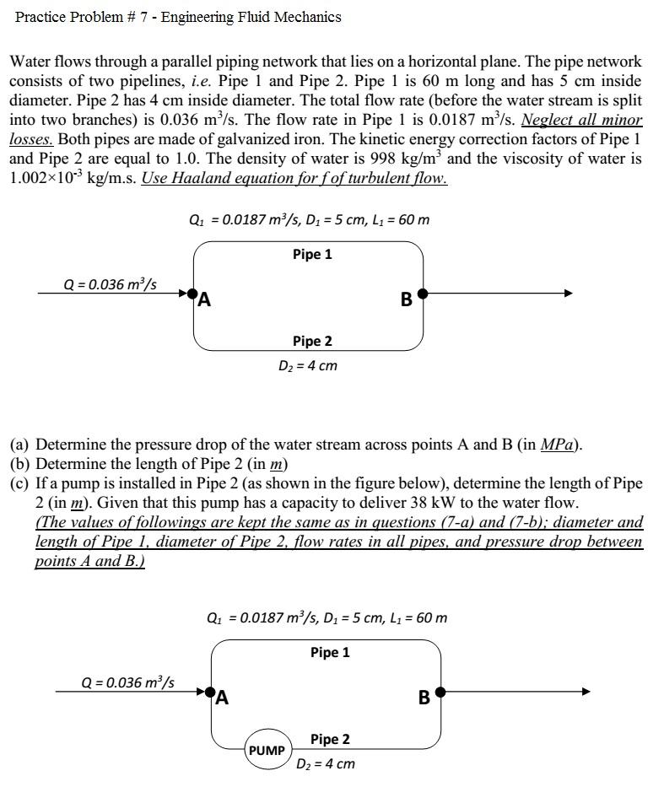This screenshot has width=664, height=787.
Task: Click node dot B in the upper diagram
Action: pyautogui.click(x=423, y=293)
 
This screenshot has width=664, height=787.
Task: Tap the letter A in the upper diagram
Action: pyautogui.click(x=205, y=299)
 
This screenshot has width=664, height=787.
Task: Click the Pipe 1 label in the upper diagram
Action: pyautogui.click(x=312, y=254)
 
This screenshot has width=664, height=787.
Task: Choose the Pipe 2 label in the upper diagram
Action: pyautogui.click(x=312, y=341)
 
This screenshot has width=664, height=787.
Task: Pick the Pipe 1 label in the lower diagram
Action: pyautogui.click(x=330, y=652)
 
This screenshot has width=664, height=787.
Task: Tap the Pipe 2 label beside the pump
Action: pyautogui.click(x=330, y=739)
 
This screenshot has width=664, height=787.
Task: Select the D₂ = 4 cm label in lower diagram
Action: pyautogui.click(x=325, y=764)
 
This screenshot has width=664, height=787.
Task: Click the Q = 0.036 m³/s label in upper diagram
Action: pyautogui.click(x=111, y=283)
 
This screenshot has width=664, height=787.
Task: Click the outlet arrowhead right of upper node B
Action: pyautogui.click(x=568, y=293)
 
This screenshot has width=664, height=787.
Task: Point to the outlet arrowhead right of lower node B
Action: pyautogui.click(x=586, y=692)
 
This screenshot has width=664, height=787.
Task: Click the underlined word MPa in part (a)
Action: pyautogui.click(x=559, y=445)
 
